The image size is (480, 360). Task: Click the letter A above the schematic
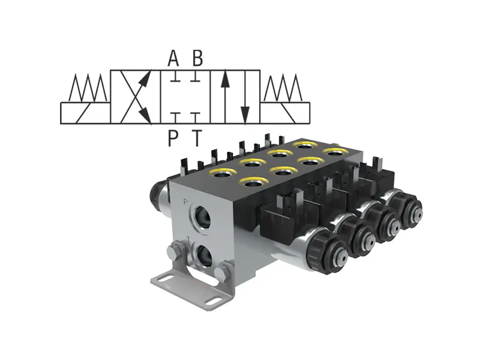(x=173, y=59)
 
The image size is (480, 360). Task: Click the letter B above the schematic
(x=197, y=59)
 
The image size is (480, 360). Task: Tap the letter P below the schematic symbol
(x=173, y=139)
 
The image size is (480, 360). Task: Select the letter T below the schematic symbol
(x=197, y=139)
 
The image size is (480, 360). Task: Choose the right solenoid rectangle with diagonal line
(x=285, y=113)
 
